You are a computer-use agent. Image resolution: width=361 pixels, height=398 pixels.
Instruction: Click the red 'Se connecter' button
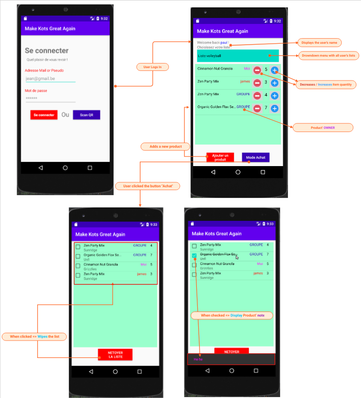pyautogui.click(x=44, y=115)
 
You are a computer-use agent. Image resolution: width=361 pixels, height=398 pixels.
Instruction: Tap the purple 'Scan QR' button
pyautogui.click(x=86, y=115)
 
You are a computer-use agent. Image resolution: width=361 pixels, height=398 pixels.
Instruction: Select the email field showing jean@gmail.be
pyautogui.click(x=50, y=79)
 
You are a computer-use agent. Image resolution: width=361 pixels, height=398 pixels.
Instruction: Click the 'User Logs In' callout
pyautogui.click(x=153, y=67)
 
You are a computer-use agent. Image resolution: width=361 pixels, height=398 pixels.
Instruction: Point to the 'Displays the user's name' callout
pyautogui.click(x=320, y=43)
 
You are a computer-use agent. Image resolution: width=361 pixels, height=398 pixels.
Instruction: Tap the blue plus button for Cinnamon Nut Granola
pyautogui.click(x=275, y=70)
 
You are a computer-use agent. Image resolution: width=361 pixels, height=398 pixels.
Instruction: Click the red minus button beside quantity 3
pyautogui.click(x=258, y=83)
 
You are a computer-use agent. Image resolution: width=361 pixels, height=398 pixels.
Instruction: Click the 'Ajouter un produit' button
pyautogui.click(x=220, y=157)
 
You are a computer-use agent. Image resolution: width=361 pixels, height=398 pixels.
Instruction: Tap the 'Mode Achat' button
pyautogui.click(x=256, y=157)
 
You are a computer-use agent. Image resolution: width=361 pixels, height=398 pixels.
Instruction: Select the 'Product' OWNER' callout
pyautogui.click(x=323, y=127)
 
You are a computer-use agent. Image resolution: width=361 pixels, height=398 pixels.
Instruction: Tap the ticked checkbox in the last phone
pyautogui.click(x=194, y=255)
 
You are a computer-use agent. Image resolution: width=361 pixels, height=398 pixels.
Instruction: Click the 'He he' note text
pyautogui.click(x=198, y=359)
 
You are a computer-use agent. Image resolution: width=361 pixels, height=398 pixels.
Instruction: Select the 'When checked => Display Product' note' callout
pyautogui.click(x=232, y=316)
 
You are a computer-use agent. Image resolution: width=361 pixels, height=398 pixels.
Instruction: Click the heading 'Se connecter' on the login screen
pyautogui.click(x=46, y=51)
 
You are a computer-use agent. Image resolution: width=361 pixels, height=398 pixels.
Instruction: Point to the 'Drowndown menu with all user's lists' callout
pyautogui.click(x=328, y=56)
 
